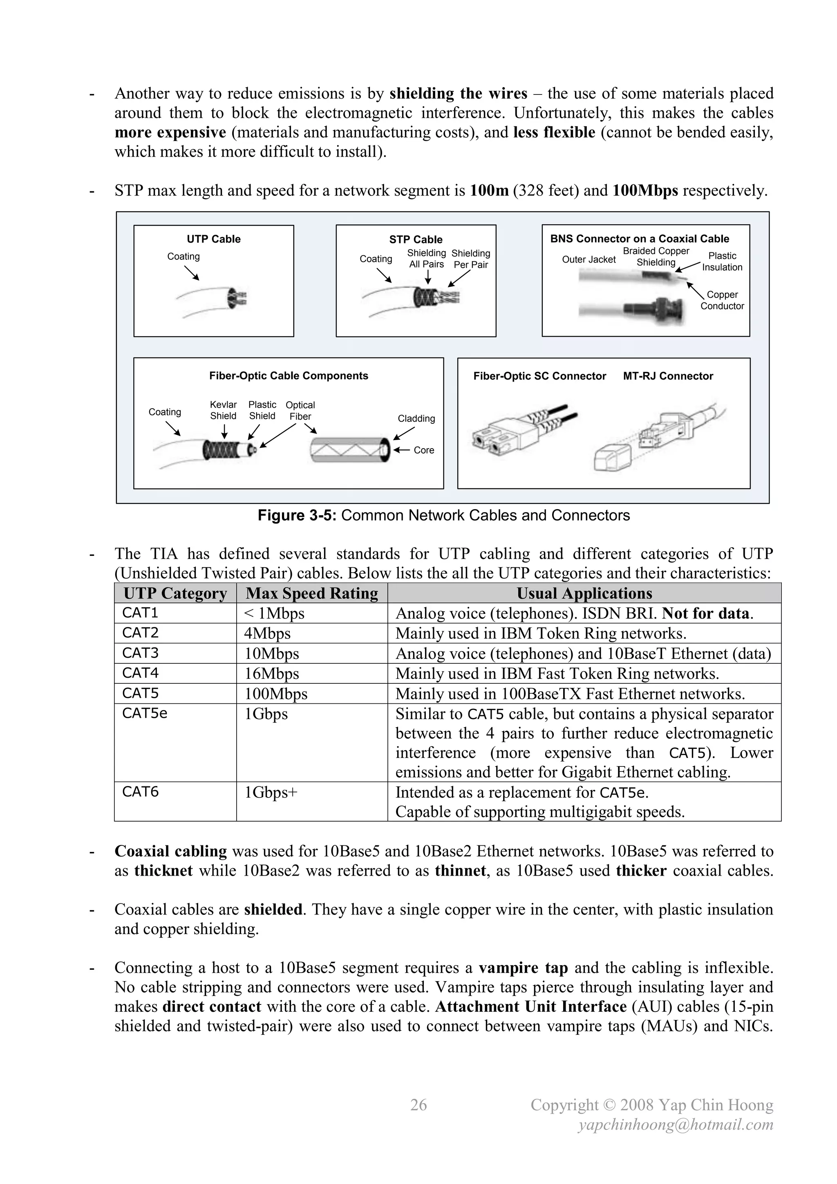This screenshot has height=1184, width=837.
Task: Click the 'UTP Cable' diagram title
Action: click(213, 239)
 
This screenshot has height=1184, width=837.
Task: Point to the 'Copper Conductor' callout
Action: click(722, 300)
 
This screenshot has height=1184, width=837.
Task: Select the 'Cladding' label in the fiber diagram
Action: click(416, 418)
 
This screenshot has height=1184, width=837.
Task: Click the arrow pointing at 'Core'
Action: click(401, 449)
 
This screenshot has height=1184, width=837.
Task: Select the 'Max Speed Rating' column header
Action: click(311, 593)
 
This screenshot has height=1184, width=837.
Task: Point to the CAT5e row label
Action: click(145, 713)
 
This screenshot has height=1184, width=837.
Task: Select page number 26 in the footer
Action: click(418, 1105)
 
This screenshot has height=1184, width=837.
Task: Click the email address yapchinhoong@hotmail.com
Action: click(676, 1125)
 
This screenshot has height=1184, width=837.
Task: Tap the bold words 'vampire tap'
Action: click(523, 968)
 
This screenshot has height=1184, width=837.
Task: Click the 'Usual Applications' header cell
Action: click(584, 593)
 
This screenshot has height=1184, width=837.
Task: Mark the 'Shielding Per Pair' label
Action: click(470, 259)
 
